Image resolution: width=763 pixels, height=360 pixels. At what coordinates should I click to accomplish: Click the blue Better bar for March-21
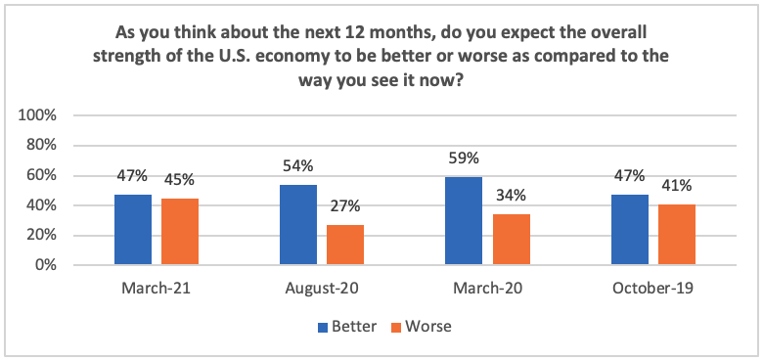(x=133, y=230)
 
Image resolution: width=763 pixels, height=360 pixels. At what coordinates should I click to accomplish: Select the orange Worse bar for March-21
(x=180, y=232)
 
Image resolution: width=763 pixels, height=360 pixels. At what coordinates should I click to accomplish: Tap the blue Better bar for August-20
(x=298, y=225)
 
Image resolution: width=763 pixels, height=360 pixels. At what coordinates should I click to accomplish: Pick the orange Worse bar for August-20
(x=345, y=245)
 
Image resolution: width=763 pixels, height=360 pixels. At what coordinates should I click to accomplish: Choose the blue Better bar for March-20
(x=464, y=221)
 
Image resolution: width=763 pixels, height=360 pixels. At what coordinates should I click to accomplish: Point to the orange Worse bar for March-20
(x=511, y=240)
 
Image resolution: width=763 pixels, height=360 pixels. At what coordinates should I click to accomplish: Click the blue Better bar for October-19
(x=629, y=230)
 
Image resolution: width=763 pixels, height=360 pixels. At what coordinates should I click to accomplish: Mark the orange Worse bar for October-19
(x=676, y=235)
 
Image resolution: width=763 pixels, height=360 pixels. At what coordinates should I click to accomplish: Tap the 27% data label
(x=345, y=208)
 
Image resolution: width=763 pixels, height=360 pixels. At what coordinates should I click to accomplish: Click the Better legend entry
(x=347, y=325)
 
